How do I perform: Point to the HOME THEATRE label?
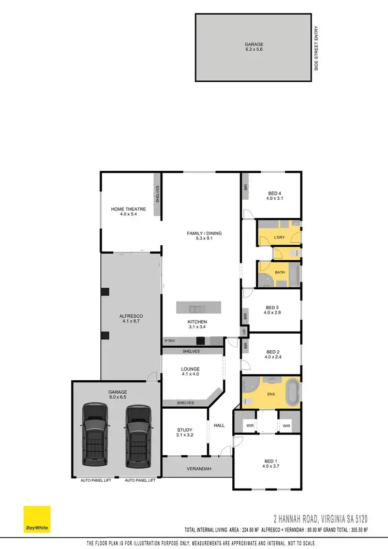click(x=128, y=209)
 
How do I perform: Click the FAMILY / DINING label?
click(x=204, y=233)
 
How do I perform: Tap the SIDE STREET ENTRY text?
click(x=317, y=49)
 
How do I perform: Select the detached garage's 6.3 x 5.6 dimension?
click(x=254, y=50)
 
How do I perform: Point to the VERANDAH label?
click(x=197, y=469)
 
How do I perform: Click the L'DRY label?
click(x=279, y=238)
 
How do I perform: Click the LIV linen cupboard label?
click(x=243, y=331)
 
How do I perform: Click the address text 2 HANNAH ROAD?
click(x=307, y=518)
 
